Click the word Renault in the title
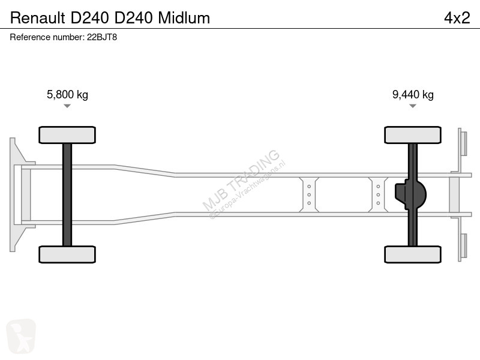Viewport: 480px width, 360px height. pyautogui.click(x=38, y=18)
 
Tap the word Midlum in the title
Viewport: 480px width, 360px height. pyautogui.click(x=184, y=18)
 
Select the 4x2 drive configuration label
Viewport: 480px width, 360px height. pyautogui.click(x=457, y=18)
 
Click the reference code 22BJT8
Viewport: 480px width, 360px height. pyautogui.click(x=102, y=37)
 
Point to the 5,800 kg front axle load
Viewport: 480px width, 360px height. pyautogui.click(x=67, y=95)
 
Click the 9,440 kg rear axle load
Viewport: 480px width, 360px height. pyautogui.click(x=413, y=95)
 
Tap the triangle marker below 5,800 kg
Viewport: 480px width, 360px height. pyautogui.click(x=67, y=106)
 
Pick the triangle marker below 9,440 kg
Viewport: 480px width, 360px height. pyautogui.click(x=413, y=106)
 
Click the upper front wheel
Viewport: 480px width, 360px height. pyautogui.click(x=67, y=135)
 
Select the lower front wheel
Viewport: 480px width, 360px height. pyautogui.click(x=67, y=254)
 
